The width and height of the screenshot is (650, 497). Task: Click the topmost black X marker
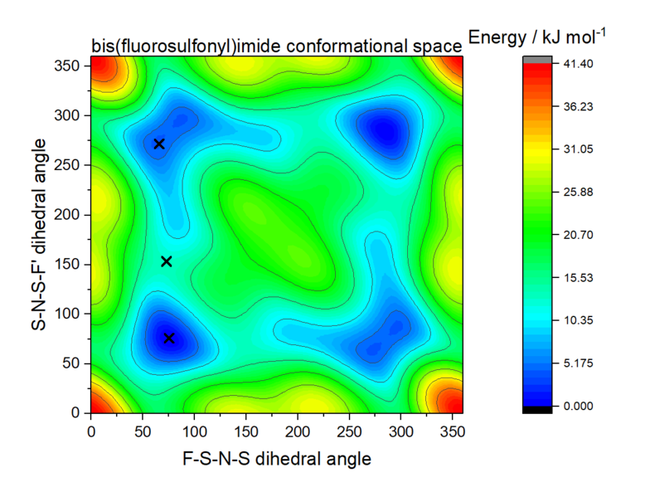click(x=159, y=144)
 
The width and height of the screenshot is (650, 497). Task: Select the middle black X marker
click(x=166, y=261)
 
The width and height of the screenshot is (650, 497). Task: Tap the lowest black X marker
click(x=169, y=338)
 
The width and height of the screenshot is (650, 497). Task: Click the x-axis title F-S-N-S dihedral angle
click(x=277, y=458)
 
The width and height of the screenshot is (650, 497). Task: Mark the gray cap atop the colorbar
click(x=539, y=60)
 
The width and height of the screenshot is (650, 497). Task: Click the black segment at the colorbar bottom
click(x=539, y=409)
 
